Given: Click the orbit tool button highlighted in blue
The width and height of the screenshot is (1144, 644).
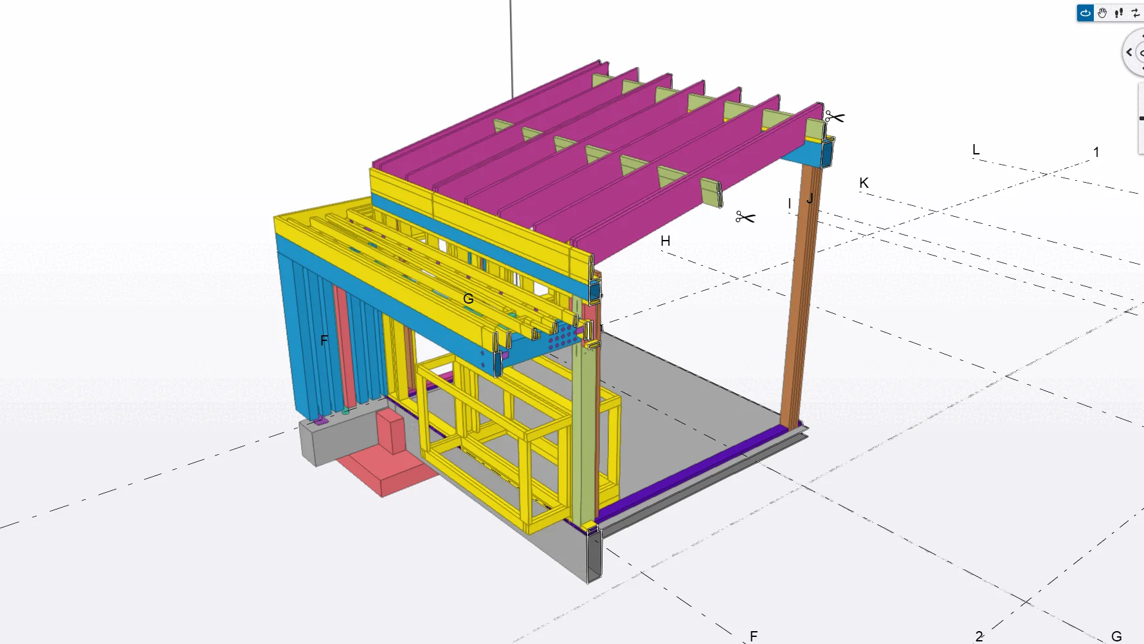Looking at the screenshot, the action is point(1085,13).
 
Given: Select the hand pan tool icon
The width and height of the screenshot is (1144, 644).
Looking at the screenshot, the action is point(1102,13).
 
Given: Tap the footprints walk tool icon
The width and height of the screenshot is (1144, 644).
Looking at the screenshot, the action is point(1120,13).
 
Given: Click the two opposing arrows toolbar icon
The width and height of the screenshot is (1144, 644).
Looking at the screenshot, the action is point(1136,13).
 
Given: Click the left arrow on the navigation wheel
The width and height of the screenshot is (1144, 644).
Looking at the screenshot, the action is point(1129,53).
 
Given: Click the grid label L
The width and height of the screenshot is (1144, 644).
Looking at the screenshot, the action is point(976,150).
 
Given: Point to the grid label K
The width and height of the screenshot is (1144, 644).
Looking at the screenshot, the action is point(864,183).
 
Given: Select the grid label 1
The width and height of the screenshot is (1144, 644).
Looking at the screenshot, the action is point(1096,152).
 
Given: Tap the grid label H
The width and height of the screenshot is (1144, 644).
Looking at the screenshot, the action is point(666,241).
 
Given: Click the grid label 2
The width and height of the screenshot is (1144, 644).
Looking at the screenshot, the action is point(979,636).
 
